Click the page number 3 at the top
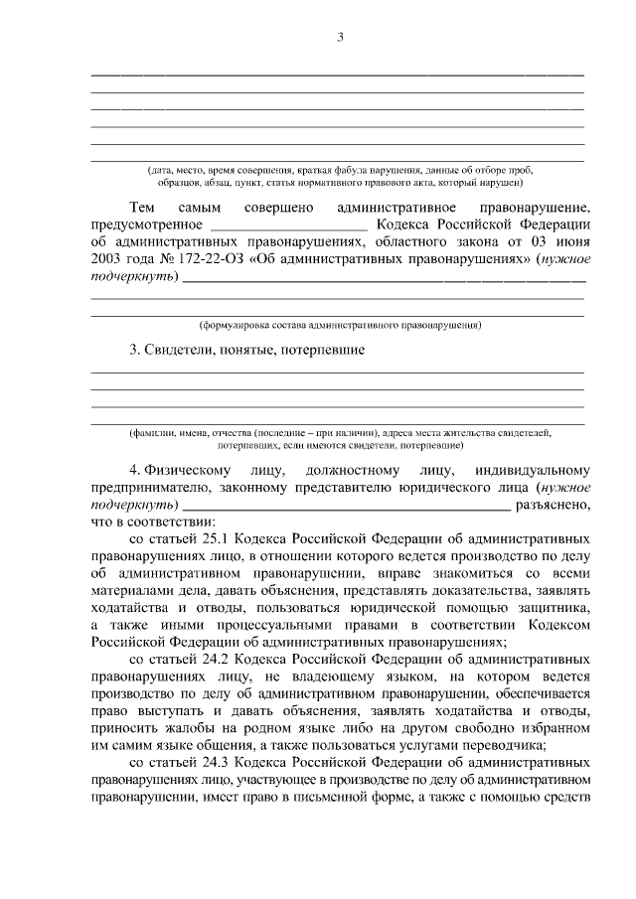[340, 38]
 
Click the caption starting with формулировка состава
[340, 325]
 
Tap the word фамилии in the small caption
[149, 434]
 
